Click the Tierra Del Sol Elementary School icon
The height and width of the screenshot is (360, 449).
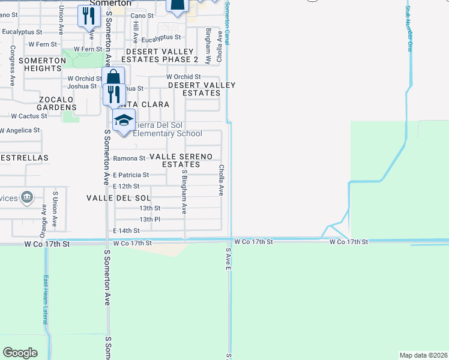coord(124,120)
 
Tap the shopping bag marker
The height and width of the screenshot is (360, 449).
coord(113,77)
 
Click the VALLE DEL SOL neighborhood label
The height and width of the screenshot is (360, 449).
coord(118,198)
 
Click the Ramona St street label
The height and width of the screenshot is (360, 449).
coord(129,158)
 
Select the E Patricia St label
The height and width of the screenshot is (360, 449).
coord(131,175)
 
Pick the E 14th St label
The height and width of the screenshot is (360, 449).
coord(126,230)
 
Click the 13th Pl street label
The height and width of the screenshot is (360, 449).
coord(149,220)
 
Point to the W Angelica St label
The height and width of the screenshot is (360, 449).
coord(20,130)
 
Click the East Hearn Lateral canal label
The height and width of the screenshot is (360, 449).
coord(46,300)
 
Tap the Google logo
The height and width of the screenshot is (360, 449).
coord(20,353)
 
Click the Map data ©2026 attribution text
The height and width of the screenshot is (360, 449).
coord(423,355)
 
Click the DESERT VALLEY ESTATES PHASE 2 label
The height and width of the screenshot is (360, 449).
coord(160,55)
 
